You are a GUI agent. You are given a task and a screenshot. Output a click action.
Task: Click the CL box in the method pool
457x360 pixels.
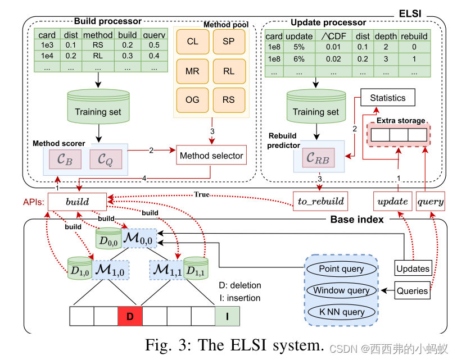click(x=192, y=42)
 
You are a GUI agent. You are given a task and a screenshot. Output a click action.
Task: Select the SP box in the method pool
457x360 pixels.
click(x=229, y=42)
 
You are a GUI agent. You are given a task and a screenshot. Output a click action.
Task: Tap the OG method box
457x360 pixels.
click(x=192, y=100)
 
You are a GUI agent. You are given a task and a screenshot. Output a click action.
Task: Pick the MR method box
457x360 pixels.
click(x=192, y=71)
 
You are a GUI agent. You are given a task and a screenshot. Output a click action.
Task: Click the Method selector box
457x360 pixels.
click(x=211, y=156)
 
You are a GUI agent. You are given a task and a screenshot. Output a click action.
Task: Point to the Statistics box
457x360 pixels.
click(x=387, y=98)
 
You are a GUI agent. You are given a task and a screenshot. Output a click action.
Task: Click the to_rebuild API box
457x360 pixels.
click(x=318, y=200)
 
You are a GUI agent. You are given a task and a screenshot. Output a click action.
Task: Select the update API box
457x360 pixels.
click(x=392, y=200)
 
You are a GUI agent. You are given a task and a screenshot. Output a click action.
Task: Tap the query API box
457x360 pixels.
click(x=431, y=200)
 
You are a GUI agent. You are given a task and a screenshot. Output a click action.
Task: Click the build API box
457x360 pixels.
click(x=77, y=200)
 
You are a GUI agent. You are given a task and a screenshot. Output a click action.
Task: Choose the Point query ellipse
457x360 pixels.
click(x=341, y=268)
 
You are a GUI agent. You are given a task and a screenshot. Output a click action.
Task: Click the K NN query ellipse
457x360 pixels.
click(x=341, y=312)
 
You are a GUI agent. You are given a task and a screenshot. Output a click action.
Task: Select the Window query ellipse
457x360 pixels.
click(x=341, y=290)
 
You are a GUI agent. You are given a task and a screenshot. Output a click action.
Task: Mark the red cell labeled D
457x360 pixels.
click(x=130, y=316)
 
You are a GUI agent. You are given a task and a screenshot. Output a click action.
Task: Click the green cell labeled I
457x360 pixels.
click(x=227, y=316)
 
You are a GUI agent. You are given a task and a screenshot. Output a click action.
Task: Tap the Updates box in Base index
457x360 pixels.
click(x=413, y=268)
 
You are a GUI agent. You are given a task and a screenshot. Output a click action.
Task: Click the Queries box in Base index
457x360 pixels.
click(x=413, y=290)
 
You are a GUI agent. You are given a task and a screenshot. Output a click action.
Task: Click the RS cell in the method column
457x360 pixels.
click(x=98, y=45)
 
